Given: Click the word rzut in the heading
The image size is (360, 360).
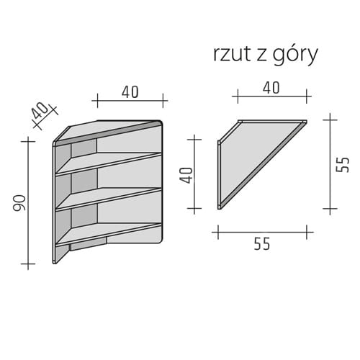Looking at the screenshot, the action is tap(232, 54).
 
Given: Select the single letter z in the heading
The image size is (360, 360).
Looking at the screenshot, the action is tap(261, 56).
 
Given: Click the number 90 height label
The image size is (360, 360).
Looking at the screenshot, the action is tap(19, 203).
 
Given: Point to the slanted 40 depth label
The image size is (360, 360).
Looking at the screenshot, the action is tap(40, 111).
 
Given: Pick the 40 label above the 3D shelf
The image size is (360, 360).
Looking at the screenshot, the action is tap(130, 92).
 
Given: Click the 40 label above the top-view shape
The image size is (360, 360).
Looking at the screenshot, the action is tap(271, 88).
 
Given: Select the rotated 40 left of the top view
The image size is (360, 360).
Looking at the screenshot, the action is tap(187, 175).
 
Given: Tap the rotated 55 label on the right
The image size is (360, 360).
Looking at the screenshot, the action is tap(343, 165).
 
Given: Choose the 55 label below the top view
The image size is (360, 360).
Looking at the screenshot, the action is tap(262, 244).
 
